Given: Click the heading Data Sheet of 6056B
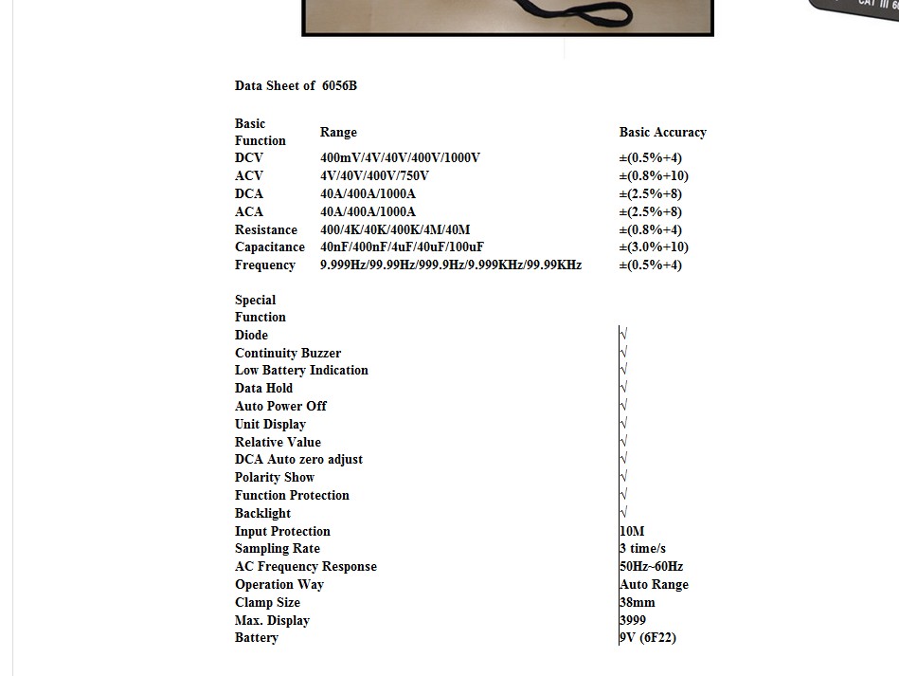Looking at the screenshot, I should (296, 85).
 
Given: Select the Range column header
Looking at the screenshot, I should (338, 132).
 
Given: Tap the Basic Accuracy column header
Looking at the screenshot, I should (662, 132).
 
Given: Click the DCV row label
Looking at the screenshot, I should (249, 157).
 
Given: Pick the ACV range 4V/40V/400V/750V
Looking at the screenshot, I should (374, 175).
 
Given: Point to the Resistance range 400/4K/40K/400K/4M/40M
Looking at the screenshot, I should (395, 229).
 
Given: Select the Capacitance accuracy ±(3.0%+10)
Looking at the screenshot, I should (654, 247).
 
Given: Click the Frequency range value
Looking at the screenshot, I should (451, 265).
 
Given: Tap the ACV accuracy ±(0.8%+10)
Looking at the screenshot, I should (654, 175).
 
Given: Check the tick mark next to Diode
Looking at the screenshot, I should (623, 335).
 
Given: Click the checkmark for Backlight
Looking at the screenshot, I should (623, 513).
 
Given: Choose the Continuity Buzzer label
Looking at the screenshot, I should (288, 353).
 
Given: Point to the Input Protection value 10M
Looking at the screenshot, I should (632, 531).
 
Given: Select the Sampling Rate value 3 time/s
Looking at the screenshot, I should (642, 548).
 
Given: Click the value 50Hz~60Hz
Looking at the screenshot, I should (651, 566).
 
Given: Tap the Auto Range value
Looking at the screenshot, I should (654, 584).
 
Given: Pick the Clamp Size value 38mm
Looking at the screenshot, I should (637, 602).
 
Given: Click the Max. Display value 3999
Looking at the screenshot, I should (633, 620).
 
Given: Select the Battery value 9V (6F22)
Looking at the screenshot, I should (648, 637).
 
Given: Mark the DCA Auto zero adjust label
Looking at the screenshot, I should (298, 459).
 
